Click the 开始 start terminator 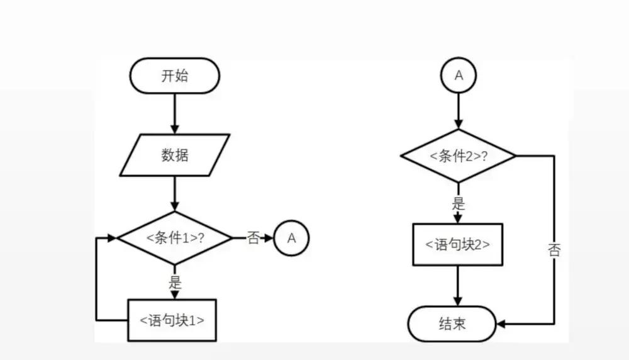[174, 76]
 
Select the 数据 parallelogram [174, 154]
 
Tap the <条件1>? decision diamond [175, 238]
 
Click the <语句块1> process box [172, 320]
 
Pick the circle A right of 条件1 [292, 238]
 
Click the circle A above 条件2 [459, 76]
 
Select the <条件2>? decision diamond [459, 156]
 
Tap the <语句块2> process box [458, 244]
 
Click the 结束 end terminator [452, 324]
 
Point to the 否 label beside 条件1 [253, 238]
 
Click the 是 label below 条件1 [175, 281]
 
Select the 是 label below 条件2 [459, 203]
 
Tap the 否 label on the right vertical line [554, 250]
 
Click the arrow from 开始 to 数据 [175, 113]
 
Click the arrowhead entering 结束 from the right [502, 324]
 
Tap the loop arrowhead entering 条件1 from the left [113, 238]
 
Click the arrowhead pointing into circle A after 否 [269, 238]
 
